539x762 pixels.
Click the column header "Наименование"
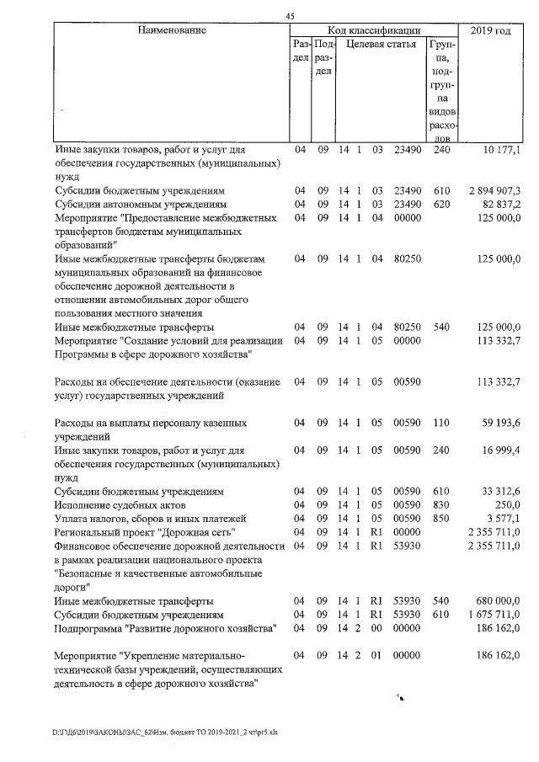click(172, 30)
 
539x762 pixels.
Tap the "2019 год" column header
click(490, 30)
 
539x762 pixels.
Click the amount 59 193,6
click(501, 423)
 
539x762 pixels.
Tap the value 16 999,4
click(501, 450)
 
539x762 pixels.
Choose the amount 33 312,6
click(501, 491)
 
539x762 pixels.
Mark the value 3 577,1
click(504, 518)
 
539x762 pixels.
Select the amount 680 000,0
click(498, 601)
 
